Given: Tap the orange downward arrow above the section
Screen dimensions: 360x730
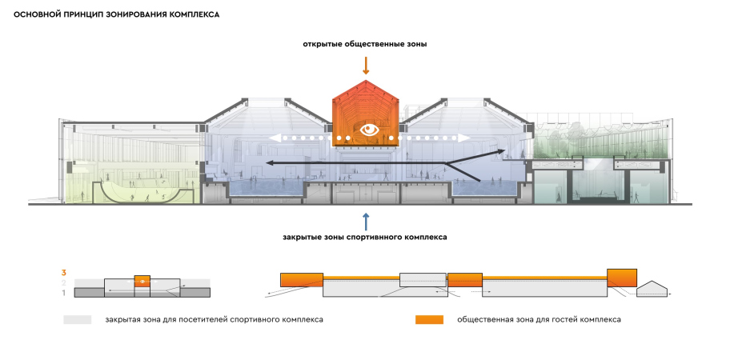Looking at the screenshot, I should (x=366, y=64).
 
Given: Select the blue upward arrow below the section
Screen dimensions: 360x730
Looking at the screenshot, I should (x=366, y=220).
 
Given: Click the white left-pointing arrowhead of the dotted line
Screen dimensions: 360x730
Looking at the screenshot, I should (x=273, y=138).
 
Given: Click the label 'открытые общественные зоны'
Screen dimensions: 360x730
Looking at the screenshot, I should (x=365, y=44).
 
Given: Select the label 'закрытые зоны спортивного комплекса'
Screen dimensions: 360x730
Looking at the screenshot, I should (x=365, y=238).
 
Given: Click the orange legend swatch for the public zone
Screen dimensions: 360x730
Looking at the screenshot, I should (x=429, y=320).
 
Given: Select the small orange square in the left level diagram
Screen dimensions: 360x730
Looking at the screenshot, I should (x=142, y=281).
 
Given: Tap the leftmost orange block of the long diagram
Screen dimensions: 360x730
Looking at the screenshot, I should (x=301, y=279).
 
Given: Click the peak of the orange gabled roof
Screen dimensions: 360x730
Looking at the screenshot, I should (x=366, y=80).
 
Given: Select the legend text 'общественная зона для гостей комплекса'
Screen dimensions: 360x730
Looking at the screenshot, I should (x=539, y=320).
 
